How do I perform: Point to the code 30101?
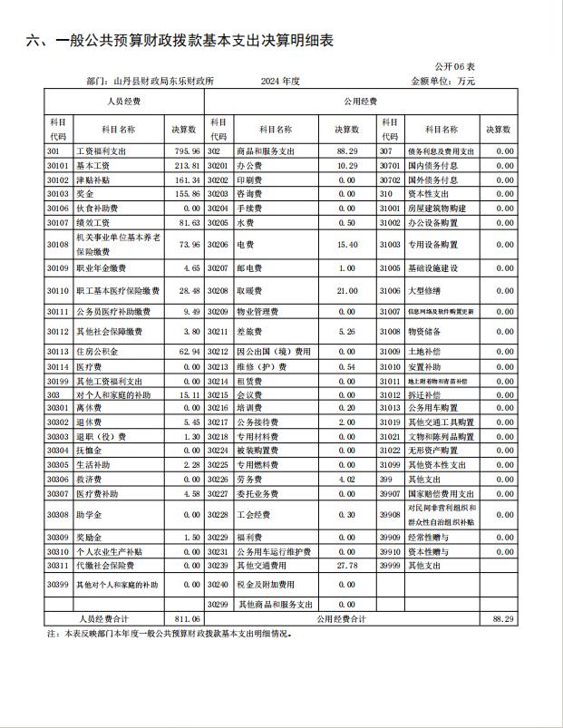[58, 166]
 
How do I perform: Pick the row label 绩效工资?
[95, 222]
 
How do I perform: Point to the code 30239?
[218, 566]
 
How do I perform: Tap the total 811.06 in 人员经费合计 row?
[187, 618]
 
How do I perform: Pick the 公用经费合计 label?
[341, 618]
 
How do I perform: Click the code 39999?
[390, 566]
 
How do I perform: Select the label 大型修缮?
[424, 291]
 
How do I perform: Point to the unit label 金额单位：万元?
[442, 82]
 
